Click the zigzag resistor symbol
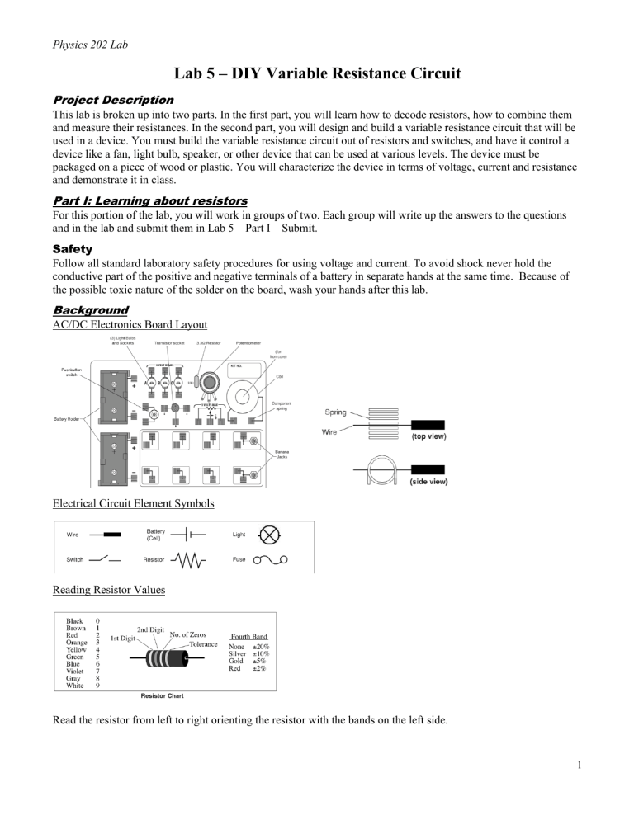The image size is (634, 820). (x=190, y=561)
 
